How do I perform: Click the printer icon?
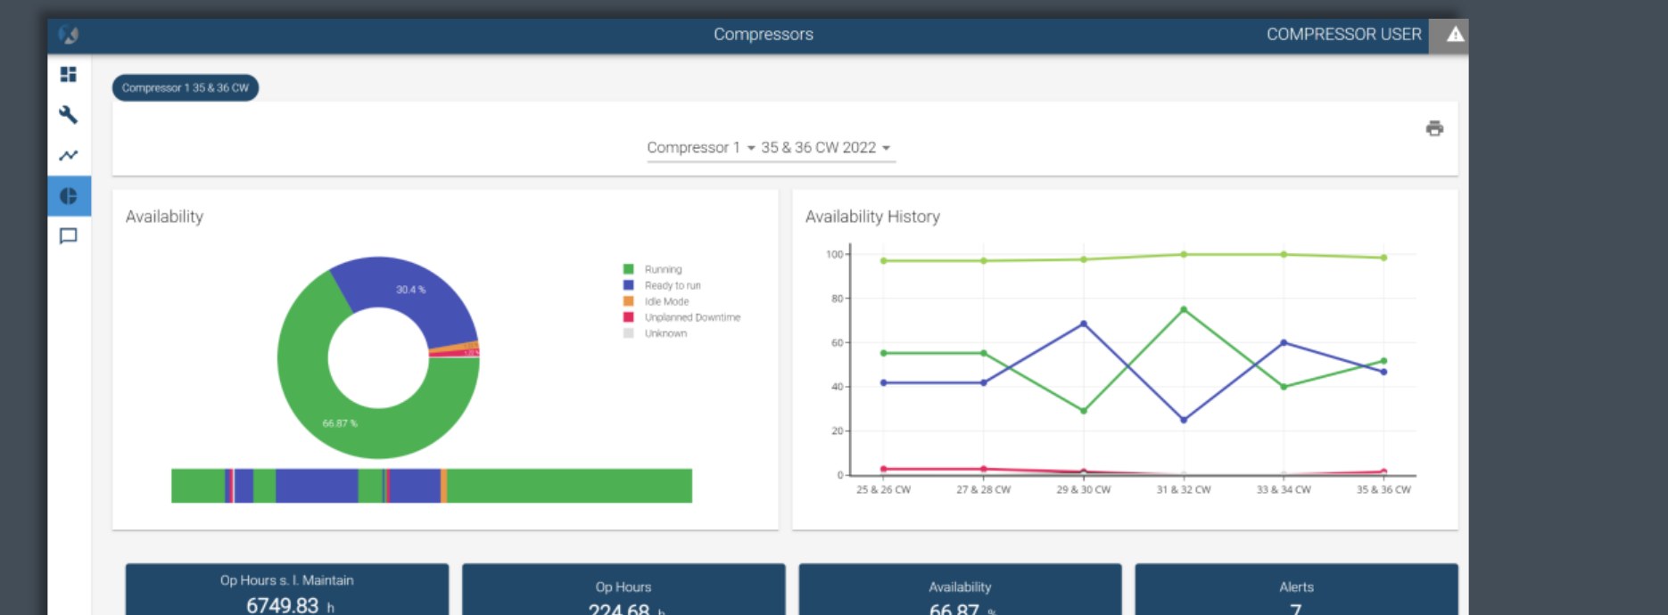click(1434, 128)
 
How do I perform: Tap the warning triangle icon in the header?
click(1455, 35)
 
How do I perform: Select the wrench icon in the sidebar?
click(69, 115)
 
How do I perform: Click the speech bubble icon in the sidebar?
click(69, 236)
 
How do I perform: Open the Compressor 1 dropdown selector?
click(701, 148)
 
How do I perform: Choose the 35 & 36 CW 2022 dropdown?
click(825, 148)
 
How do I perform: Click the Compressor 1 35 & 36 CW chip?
click(186, 88)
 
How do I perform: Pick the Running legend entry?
click(663, 269)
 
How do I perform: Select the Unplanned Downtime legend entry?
click(692, 317)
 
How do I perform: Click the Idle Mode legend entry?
click(666, 301)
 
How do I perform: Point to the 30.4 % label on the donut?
click(410, 290)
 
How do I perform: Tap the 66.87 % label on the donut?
click(340, 423)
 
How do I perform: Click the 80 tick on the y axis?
click(837, 299)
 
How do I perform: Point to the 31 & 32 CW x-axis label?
click(1184, 489)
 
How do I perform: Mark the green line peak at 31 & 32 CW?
click(1184, 309)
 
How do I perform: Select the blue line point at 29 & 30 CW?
click(1084, 324)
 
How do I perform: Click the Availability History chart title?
click(872, 217)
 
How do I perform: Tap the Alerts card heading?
click(1296, 587)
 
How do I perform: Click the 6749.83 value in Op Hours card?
click(282, 605)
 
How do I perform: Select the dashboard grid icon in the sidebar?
click(69, 74)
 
